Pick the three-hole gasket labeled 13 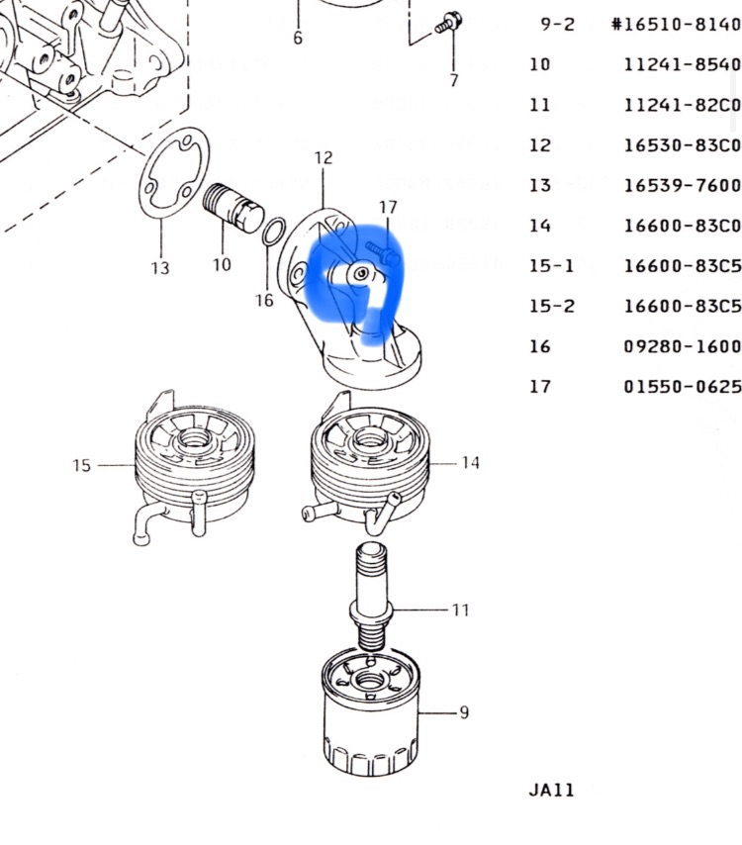tap(173, 173)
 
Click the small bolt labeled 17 tap(383, 253)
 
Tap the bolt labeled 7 tap(448, 23)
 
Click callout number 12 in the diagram tap(324, 158)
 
